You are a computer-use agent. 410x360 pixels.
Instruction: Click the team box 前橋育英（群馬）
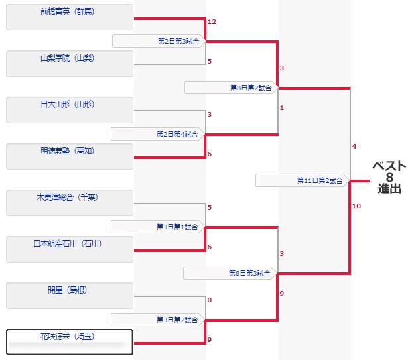(69, 17)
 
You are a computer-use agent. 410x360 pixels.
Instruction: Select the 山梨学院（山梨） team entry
(69, 64)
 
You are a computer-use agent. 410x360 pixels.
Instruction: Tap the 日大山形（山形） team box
(69, 110)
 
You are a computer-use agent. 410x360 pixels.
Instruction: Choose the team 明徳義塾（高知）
(69, 156)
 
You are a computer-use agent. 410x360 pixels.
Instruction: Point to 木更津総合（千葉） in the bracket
(69, 203)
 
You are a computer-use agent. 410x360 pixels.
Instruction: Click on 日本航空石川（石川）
(69, 249)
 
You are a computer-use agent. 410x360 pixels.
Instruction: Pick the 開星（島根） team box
(69, 296)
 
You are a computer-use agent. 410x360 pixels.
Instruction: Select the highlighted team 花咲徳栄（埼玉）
(69, 342)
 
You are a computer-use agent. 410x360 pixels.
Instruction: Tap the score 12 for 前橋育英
(212, 22)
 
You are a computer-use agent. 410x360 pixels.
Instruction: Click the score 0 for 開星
(210, 300)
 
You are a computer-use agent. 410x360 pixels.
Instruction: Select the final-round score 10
(356, 206)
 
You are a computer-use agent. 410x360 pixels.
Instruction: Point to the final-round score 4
(354, 146)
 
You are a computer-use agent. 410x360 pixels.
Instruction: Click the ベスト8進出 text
(389, 177)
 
